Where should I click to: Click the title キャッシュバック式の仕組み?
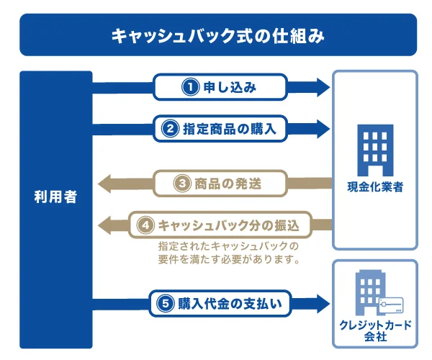[x=218, y=35]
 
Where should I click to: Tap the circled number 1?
[x=189, y=88]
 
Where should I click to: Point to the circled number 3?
[x=183, y=184]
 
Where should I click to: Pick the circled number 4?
[x=146, y=225]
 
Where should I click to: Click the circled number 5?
[x=163, y=304]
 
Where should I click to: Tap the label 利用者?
[x=56, y=196]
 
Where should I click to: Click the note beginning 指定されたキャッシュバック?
[x=228, y=252]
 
